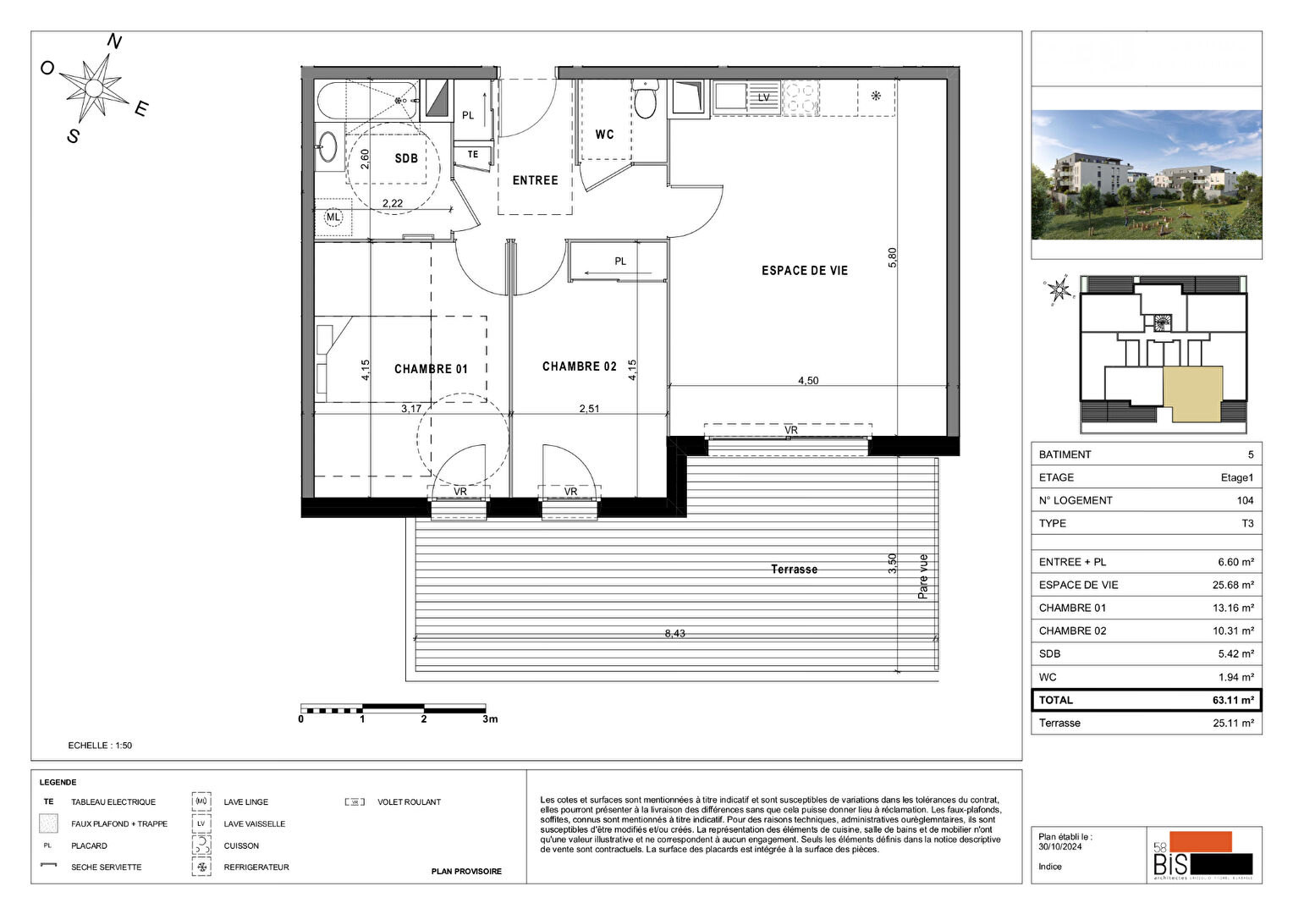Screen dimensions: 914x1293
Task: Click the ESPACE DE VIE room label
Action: click(804, 271)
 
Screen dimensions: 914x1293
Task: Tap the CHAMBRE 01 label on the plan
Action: click(431, 369)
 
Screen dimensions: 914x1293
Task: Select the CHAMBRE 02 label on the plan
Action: click(579, 366)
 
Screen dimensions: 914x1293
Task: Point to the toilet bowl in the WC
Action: click(645, 103)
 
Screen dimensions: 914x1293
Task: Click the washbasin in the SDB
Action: click(327, 147)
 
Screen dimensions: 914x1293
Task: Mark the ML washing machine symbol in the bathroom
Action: click(333, 217)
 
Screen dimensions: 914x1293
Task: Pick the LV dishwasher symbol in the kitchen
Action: click(763, 97)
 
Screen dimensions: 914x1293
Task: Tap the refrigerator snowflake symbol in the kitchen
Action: click(876, 96)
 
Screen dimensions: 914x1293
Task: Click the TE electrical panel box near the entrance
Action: click(473, 155)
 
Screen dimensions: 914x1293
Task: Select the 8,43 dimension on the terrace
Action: click(674, 633)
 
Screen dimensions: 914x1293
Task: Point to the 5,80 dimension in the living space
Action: click(892, 258)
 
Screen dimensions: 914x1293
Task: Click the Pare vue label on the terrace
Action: click(923, 576)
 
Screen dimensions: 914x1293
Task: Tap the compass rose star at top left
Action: click(95, 87)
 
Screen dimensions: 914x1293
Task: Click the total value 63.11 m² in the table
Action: click(1233, 700)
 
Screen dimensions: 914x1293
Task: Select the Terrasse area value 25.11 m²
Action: click(1233, 723)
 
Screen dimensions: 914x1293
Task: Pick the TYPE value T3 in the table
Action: click(1247, 523)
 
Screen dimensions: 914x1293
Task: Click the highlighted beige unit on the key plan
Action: click(1192, 394)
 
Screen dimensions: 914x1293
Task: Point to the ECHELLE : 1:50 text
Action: click(100, 746)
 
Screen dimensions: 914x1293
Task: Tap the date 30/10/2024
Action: click(1060, 846)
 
